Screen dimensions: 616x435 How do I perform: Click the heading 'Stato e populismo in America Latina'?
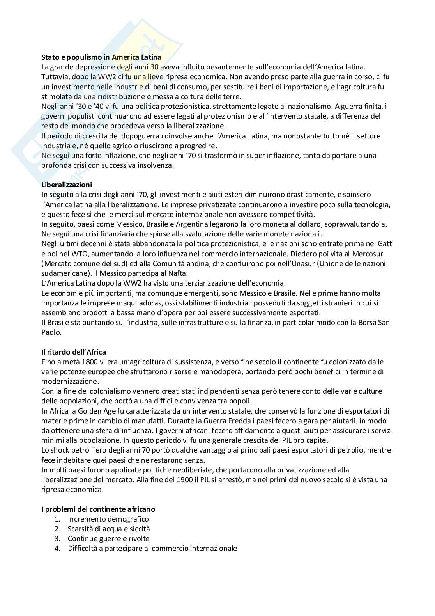coord(101,57)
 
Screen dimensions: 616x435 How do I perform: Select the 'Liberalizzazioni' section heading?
coord(67,185)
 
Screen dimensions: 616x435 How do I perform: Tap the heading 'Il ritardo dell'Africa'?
coord(74,352)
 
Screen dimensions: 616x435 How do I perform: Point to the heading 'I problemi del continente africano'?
coord(98,509)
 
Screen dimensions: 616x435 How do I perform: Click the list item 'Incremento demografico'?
coord(108,519)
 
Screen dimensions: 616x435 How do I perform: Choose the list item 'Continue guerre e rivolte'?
coord(108,538)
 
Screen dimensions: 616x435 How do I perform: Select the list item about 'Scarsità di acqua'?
coord(109,529)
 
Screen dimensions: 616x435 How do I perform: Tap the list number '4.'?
coord(58,548)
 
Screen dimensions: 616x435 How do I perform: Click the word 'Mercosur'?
coord(368,254)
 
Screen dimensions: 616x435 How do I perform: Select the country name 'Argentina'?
coord(196,224)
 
